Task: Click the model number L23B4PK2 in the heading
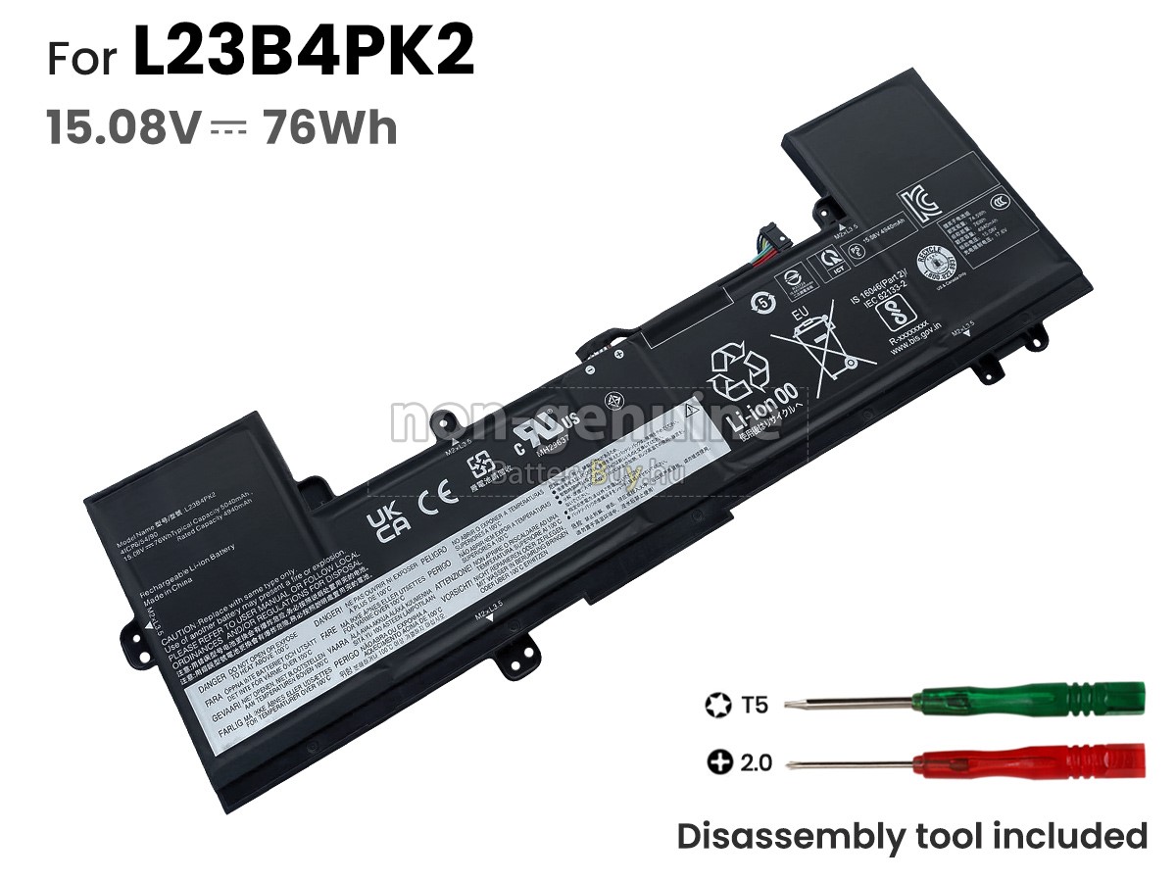[303, 54]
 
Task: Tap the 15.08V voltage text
[123, 128]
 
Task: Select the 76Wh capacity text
[329, 128]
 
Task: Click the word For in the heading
[85, 57]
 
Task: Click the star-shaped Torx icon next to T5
[714, 705]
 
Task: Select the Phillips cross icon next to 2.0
[718, 761]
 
